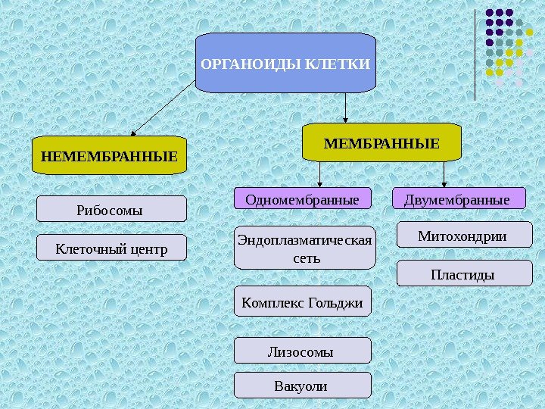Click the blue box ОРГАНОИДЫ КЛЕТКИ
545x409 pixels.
tap(285, 63)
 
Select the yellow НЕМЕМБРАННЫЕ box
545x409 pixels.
tap(110, 156)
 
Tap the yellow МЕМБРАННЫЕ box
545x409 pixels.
tap(381, 143)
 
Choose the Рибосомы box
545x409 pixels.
tap(112, 209)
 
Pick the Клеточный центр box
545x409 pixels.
tap(112, 247)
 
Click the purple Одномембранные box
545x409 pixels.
tap(303, 199)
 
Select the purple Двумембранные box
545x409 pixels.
tap(460, 199)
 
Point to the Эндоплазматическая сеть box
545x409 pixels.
tap(304, 248)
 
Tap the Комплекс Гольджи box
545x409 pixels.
tap(303, 303)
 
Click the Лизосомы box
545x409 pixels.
tap(303, 351)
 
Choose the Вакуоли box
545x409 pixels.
tap(303, 386)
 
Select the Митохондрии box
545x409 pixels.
tap(462, 236)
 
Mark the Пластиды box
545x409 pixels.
tap(462, 273)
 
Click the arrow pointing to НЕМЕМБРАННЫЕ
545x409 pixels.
tap(162, 111)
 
